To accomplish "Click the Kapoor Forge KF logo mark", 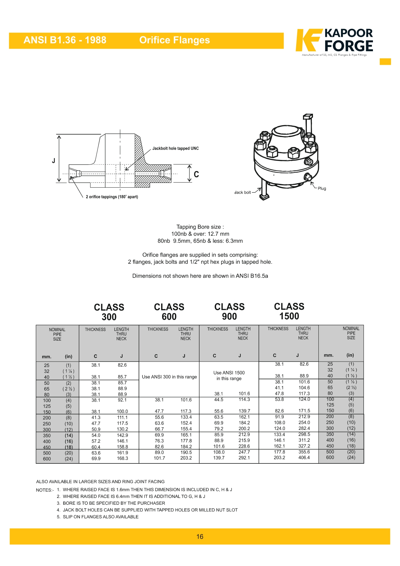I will [308, 40].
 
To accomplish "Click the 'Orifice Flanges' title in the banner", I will [174, 40].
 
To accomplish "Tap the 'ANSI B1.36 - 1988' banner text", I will [65, 40].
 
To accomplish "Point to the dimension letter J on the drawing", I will [54, 161].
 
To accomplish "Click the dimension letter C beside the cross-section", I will [196, 174].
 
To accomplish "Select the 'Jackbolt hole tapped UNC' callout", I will [175, 149].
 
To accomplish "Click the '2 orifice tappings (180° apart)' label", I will [112, 197].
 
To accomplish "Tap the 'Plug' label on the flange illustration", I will [322, 188].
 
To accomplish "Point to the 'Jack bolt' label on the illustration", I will [242, 193].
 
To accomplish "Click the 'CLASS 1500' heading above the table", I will [289, 311].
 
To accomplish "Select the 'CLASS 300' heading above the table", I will [109, 312].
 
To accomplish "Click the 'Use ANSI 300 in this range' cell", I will [169, 377].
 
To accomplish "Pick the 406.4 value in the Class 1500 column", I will [304, 458].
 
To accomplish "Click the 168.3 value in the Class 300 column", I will [122, 458].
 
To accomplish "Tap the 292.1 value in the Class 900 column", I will [244, 458].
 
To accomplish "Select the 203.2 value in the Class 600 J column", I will [186, 458].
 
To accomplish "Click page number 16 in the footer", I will [200, 537].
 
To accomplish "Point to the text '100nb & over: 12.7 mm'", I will [200, 234].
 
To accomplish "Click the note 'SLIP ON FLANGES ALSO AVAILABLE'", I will [101, 517].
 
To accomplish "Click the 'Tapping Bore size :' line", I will [200, 227].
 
